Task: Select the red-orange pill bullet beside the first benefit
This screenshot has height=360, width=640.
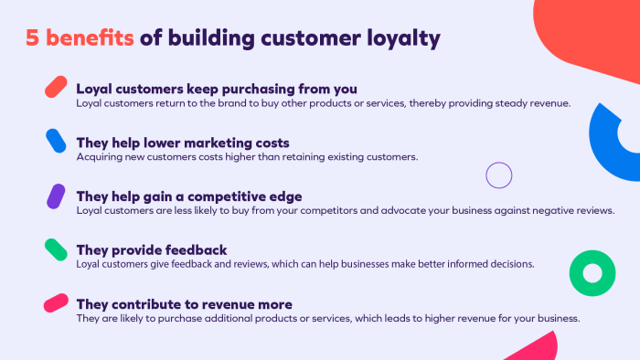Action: (56, 87)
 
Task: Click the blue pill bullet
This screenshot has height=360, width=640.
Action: (56, 141)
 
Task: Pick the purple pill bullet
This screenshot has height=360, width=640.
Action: (56, 195)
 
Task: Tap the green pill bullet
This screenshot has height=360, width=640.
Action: (56, 249)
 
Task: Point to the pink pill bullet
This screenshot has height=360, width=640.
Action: (56, 302)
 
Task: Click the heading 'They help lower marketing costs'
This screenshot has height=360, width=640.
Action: (183, 143)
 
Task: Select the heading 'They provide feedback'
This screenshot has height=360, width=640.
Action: (151, 249)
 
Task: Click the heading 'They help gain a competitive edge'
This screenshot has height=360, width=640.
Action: (188, 196)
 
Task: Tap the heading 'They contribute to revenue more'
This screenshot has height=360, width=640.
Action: (184, 303)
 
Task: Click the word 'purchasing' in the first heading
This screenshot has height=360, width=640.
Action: (256, 89)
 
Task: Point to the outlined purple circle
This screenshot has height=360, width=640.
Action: (499, 175)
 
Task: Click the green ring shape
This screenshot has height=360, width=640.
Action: (592, 272)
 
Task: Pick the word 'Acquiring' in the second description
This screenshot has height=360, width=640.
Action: (99, 156)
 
